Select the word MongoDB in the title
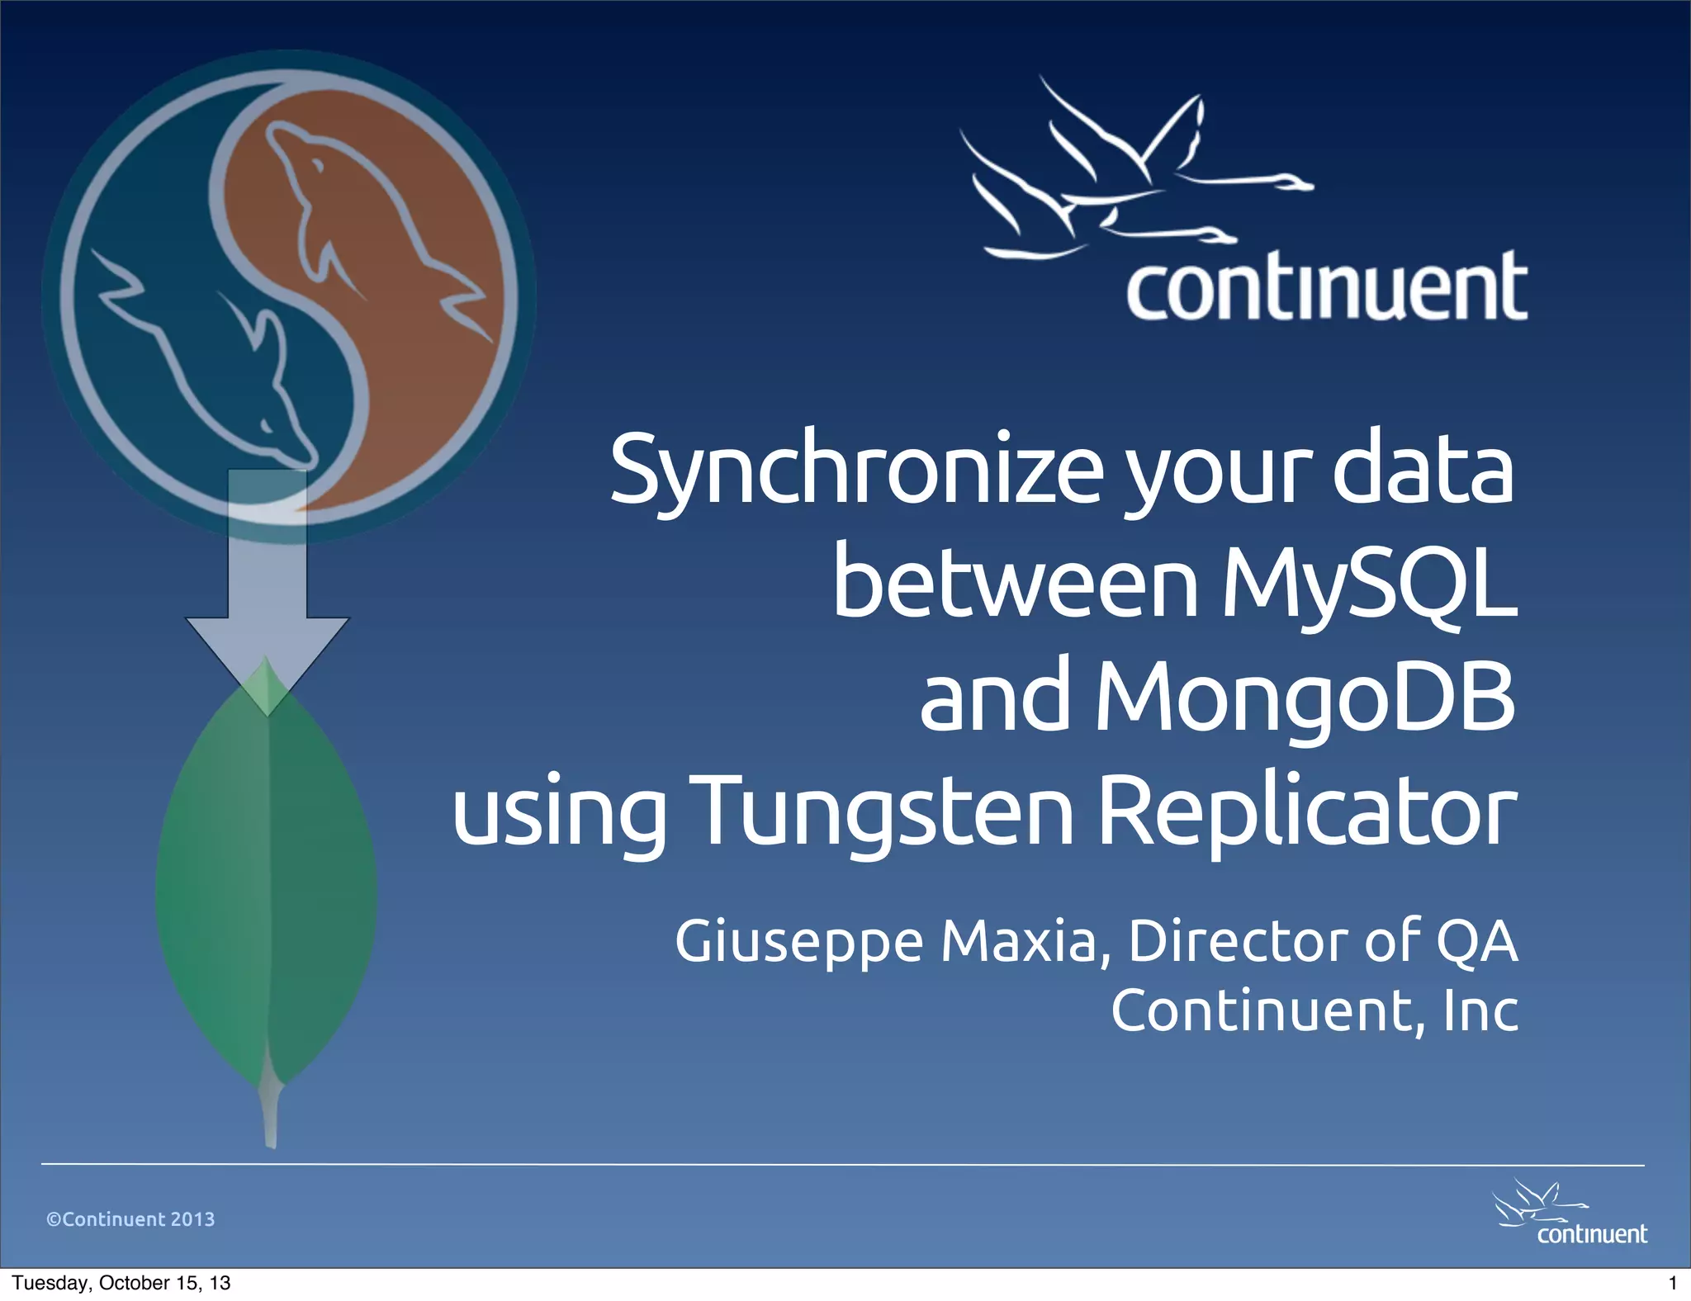tap(1305, 698)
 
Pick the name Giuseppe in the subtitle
tap(798, 941)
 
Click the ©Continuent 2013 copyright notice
tap(130, 1219)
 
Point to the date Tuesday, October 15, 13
tap(121, 1283)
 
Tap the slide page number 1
tap(1673, 1283)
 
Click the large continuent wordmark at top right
tap(1326, 286)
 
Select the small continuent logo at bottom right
tap(1572, 1214)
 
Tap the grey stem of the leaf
tap(270, 1114)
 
